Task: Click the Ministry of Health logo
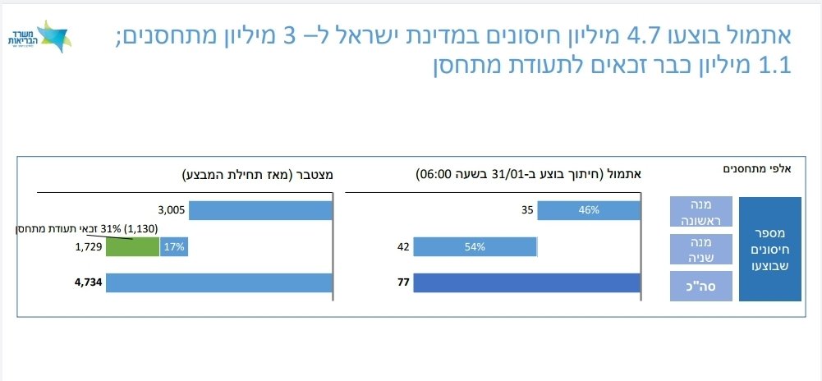point(37,37)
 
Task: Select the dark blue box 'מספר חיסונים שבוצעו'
point(769,249)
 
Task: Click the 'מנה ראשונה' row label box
point(700,212)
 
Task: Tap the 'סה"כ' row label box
point(700,286)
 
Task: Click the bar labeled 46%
point(589,210)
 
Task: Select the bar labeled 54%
point(475,246)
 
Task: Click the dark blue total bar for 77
point(526,283)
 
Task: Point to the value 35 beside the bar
point(527,210)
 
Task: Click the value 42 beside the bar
point(402,246)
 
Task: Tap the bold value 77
point(403,283)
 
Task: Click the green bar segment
point(131,246)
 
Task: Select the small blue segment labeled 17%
point(174,246)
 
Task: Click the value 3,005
point(174,210)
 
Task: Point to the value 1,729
point(88,246)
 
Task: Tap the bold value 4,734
point(88,283)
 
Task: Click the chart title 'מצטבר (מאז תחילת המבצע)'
point(258,174)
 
